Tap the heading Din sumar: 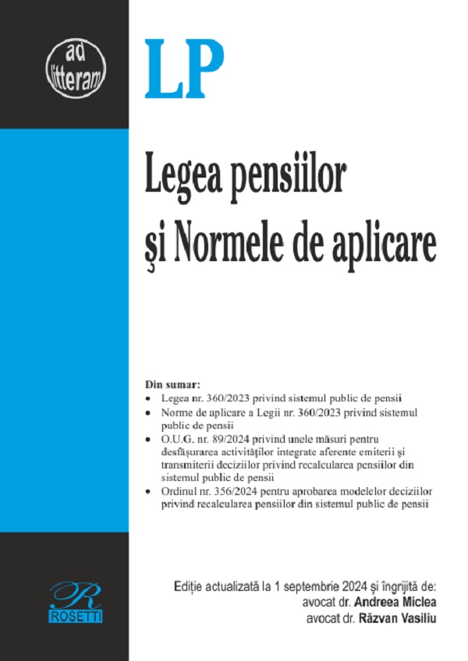coord(172,384)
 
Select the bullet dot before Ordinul coord(148,493)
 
